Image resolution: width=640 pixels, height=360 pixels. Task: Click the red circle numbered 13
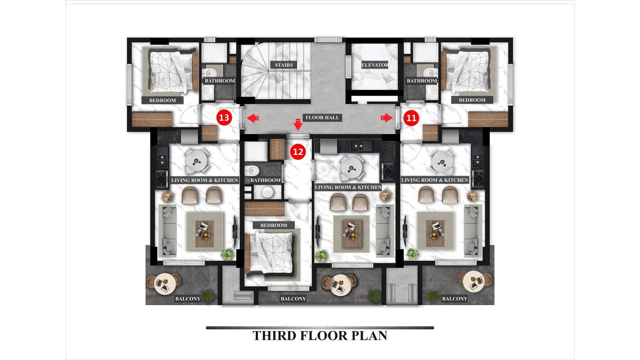pyautogui.click(x=224, y=117)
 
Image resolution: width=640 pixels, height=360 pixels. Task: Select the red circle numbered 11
pyautogui.click(x=411, y=118)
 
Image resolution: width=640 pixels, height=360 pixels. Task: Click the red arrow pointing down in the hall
pyautogui.click(x=298, y=124)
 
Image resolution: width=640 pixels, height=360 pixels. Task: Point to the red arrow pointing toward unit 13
pyautogui.click(x=253, y=118)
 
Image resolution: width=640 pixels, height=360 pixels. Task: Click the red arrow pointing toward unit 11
pyautogui.click(x=387, y=117)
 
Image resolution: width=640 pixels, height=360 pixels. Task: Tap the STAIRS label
pyautogui.click(x=284, y=65)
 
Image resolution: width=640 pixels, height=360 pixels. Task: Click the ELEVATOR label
pyautogui.click(x=375, y=65)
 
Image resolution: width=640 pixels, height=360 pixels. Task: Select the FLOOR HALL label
pyautogui.click(x=322, y=117)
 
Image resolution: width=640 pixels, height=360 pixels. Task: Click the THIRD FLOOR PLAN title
pyautogui.click(x=320, y=336)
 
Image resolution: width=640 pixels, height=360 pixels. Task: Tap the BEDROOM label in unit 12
pyautogui.click(x=274, y=225)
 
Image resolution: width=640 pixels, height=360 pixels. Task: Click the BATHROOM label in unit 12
pyautogui.click(x=265, y=180)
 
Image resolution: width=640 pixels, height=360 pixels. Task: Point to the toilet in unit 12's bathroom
pyautogui.click(x=252, y=171)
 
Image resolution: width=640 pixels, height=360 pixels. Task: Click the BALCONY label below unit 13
pyautogui.click(x=188, y=299)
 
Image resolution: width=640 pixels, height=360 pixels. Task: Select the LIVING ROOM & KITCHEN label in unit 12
pyautogui.click(x=348, y=187)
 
